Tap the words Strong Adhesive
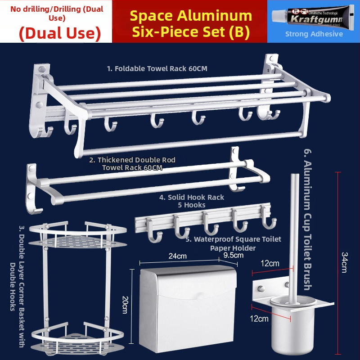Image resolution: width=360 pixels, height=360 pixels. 314,34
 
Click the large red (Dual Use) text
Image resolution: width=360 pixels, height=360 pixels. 60,33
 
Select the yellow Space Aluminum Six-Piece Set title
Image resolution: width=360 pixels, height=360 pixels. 191,23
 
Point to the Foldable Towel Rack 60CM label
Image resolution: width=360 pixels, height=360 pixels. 157,68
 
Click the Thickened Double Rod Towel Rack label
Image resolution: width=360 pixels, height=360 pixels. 132,163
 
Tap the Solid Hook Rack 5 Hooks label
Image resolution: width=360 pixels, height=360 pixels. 192,201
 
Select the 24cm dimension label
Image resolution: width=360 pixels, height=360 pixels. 177,256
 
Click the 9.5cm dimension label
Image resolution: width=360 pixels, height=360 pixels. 233,255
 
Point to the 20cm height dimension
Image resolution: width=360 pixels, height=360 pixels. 126,305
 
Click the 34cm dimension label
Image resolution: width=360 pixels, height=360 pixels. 345,262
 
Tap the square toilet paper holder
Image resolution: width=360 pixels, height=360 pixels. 188,309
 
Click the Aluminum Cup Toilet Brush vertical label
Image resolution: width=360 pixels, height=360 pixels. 308,220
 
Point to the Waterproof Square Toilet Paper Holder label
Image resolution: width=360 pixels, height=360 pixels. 233,243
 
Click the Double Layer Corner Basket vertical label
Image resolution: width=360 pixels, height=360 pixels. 17,286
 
